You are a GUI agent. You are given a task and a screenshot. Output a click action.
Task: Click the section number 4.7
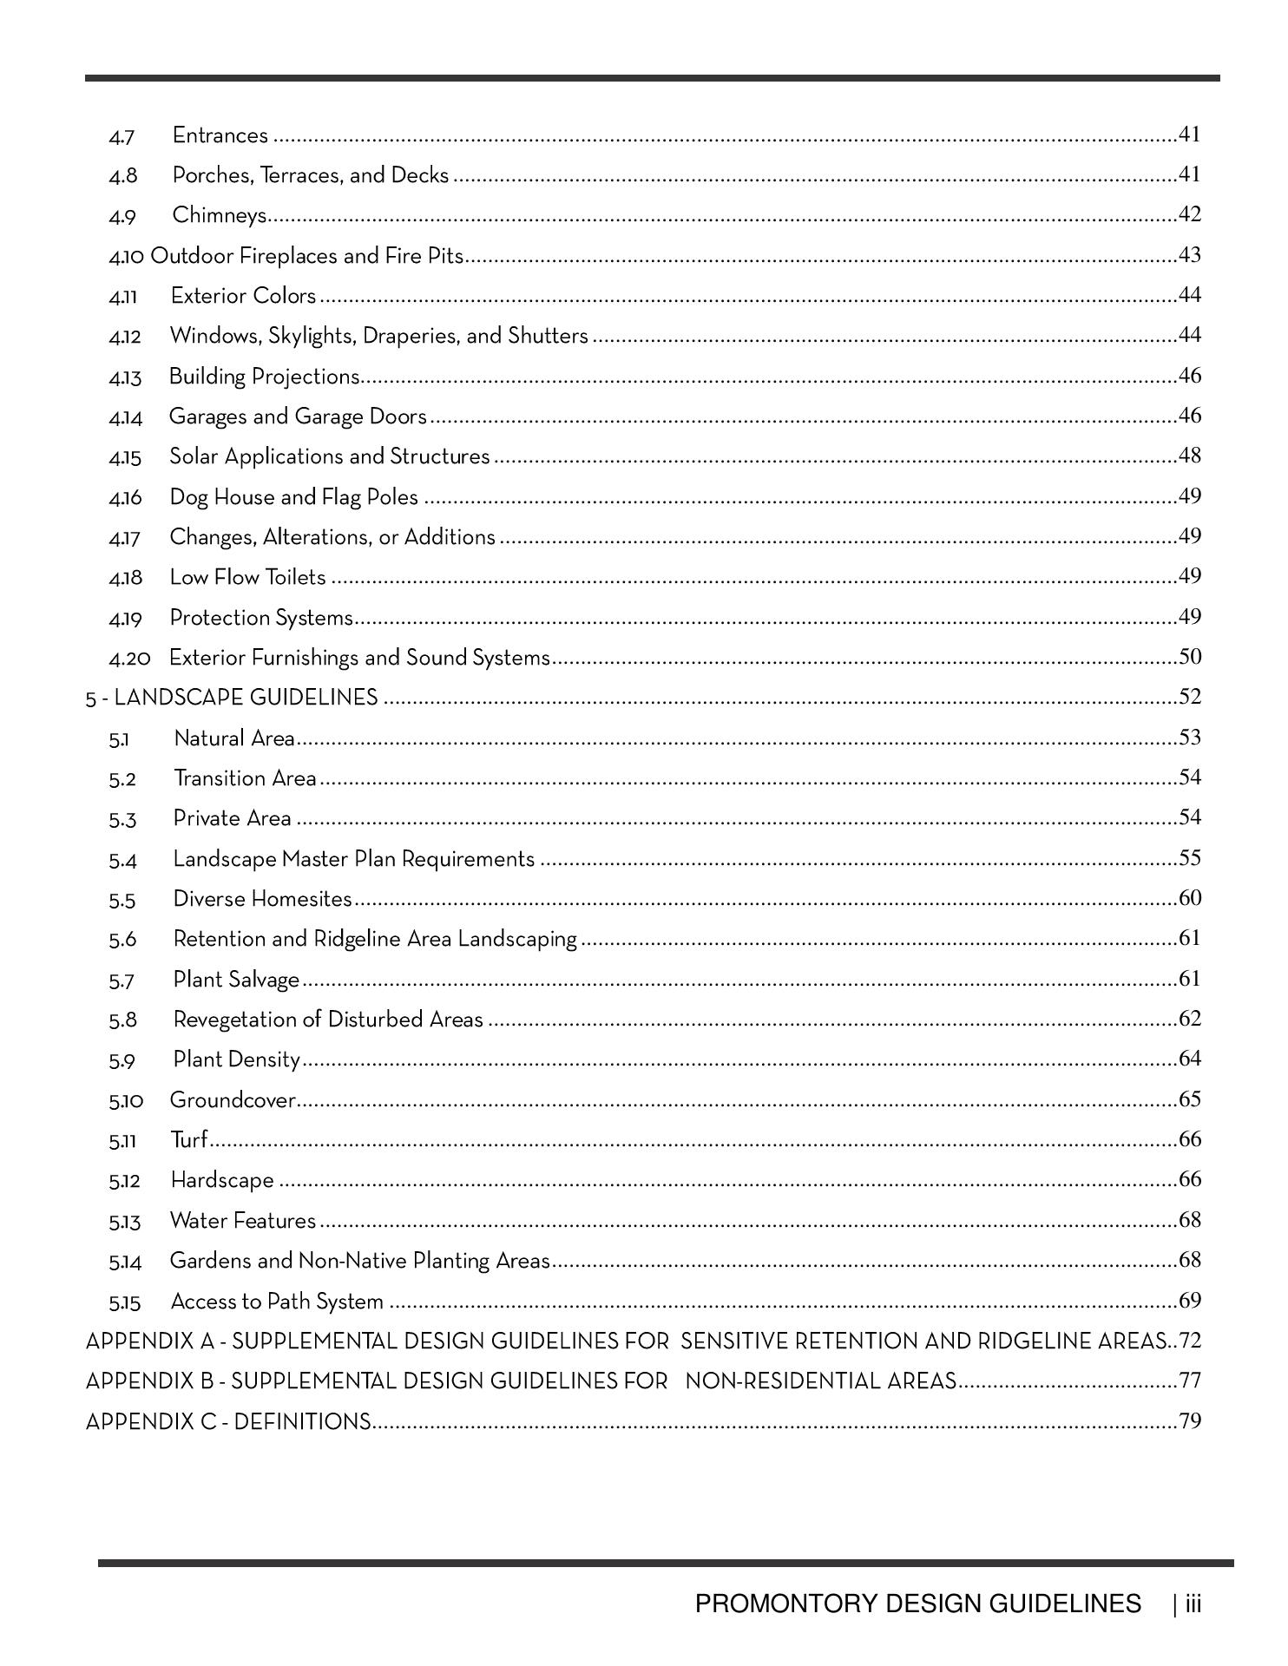click(122, 137)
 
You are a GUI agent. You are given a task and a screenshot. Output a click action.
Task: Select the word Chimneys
click(219, 215)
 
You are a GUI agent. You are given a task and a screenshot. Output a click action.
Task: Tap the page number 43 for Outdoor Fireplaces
click(1190, 255)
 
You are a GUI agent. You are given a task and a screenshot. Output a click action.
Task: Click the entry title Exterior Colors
click(243, 296)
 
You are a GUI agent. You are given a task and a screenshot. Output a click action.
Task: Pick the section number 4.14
click(125, 418)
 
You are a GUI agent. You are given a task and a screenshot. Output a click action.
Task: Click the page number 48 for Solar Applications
click(1190, 456)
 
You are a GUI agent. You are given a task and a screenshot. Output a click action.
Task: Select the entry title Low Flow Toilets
click(247, 578)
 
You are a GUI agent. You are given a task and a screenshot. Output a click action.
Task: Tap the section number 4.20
click(129, 659)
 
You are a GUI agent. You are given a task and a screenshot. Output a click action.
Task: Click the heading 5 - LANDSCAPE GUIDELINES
click(232, 698)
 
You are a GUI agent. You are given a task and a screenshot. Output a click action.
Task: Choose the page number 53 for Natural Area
click(1190, 738)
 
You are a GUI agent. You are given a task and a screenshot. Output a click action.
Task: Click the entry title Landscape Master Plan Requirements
click(353, 859)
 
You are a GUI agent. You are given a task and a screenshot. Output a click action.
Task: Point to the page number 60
click(1190, 898)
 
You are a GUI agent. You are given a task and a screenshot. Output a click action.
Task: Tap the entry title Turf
click(188, 1140)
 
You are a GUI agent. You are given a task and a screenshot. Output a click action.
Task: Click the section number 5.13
click(124, 1223)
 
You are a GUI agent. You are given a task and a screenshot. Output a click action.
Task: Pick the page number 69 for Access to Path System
click(1190, 1301)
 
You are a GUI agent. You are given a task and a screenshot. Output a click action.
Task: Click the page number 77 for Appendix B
click(1190, 1381)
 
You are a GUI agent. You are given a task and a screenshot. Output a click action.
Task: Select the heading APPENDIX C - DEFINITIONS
click(228, 1422)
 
